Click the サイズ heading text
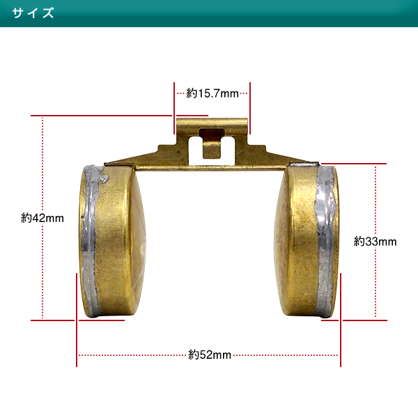point(33,13)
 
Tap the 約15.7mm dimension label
point(212,93)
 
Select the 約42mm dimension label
point(42,218)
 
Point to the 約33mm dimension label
point(375,242)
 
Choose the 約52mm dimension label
point(210,355)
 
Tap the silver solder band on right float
point(325,241)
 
